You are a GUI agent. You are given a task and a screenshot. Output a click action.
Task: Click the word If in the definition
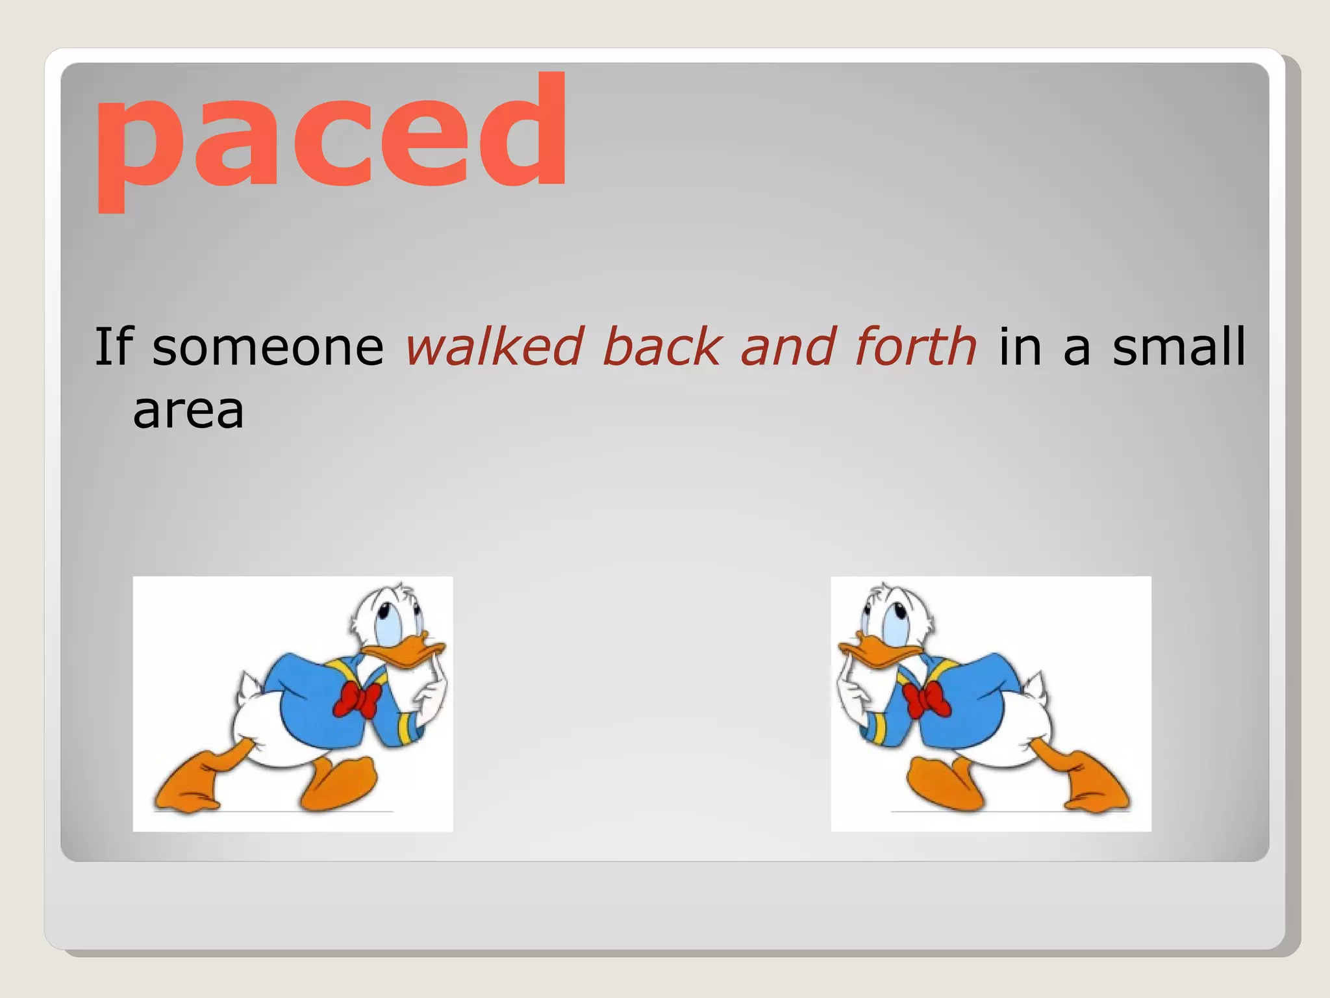pos(114,346)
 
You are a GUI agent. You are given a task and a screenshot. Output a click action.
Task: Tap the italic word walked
pos(494,346)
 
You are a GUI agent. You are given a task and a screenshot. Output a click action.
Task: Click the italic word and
pos(787,346)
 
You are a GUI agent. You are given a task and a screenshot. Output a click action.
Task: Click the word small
pos(1179,346)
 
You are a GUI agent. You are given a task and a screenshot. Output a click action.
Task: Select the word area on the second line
pos(188,411)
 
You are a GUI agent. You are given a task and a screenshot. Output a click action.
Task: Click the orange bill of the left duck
pos(406,652)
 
